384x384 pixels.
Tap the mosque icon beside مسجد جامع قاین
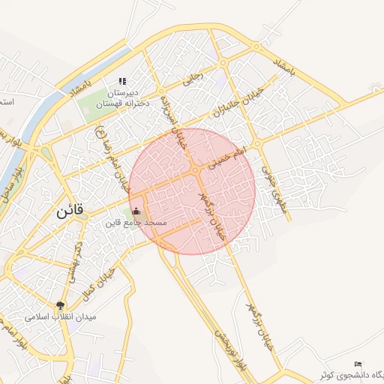(x=136, y=211)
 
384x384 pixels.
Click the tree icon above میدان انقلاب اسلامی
(x=60, y=304)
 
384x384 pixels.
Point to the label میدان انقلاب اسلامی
(x=61, y=317)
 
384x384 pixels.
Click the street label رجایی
(x=193, y=75)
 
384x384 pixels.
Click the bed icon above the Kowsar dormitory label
(x=357, y=364)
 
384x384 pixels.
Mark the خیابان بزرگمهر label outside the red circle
(x=262, y=323)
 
